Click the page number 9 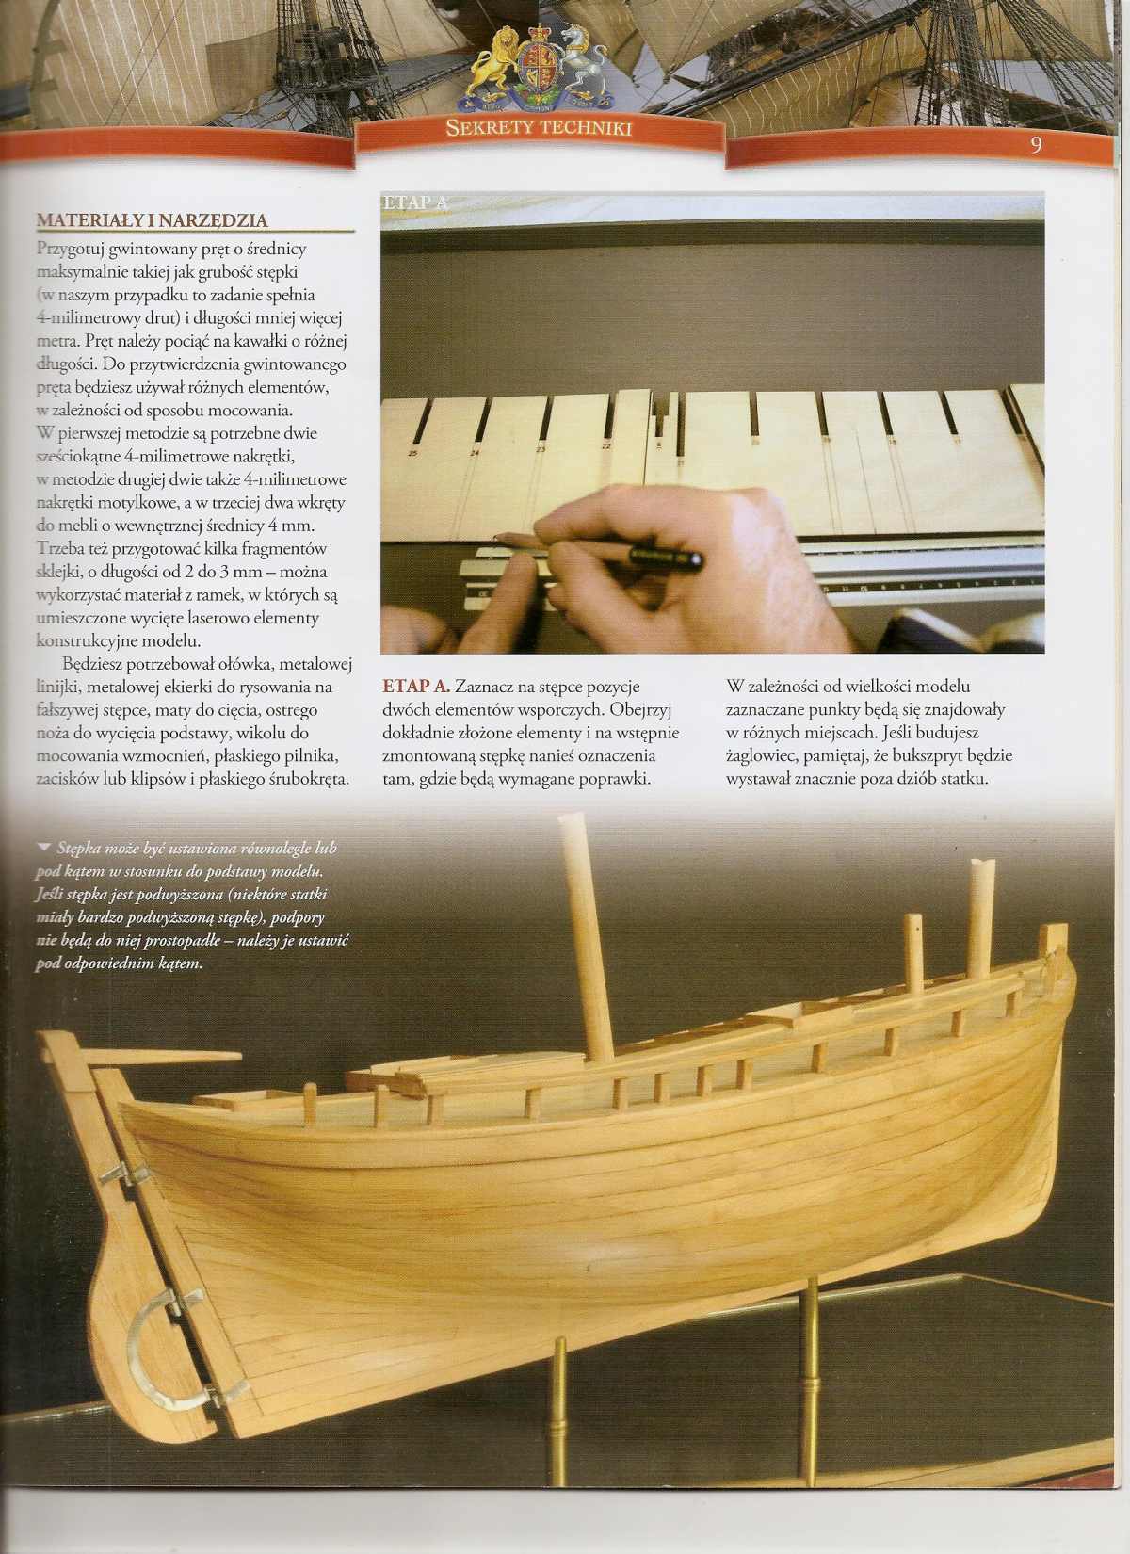(x=1036, y=145)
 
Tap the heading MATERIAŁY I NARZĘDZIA (x=152, y=221)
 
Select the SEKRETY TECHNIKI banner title (x=539, y=128)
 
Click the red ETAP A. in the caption (x=417, y=688)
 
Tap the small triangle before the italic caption (x=43, y=847)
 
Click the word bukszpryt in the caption (x=947, y=755)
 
